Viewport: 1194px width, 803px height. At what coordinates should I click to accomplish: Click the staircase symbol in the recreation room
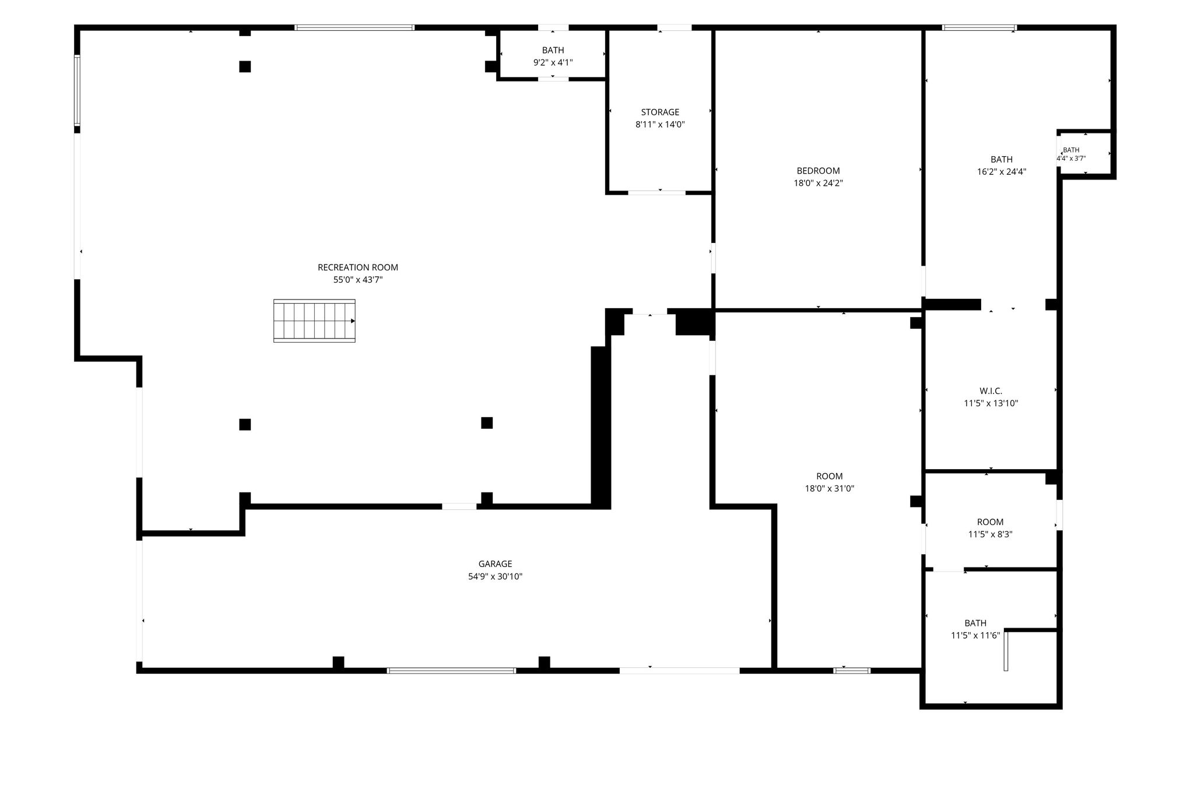[x=314, y=321]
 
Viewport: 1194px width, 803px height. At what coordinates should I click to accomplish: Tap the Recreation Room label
[x=358, y=267]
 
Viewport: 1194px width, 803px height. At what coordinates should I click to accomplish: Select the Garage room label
[x=496, y=564]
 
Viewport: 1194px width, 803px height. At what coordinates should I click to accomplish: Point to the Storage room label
[x=660, y=112]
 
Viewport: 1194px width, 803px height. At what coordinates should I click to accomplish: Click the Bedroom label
[x=819, y=171]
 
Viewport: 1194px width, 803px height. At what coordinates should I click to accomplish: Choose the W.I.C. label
[x=991, y=391]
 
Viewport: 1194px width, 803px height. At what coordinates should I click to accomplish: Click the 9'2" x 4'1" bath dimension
[x=553, y=63]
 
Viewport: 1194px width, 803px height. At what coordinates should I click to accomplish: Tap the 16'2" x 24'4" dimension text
[x=1002, y=172]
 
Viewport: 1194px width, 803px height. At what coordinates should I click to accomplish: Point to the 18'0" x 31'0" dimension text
[x=830, y=489]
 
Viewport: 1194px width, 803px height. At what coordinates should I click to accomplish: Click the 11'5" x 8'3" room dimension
[x=991, y=534]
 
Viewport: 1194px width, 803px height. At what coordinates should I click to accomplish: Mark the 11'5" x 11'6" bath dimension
[x=975, y=636]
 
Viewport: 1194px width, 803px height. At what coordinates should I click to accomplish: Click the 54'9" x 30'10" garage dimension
[x=496, y=577]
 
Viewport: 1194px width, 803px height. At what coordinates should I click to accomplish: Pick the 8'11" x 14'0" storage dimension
[x=660, y=124]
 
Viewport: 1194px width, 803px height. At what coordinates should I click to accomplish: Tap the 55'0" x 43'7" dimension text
[x=358, y=280]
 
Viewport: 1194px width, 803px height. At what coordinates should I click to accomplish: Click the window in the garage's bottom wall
[x=451, y=671]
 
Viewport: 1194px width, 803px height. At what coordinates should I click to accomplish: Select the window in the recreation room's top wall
[x=354, y=27]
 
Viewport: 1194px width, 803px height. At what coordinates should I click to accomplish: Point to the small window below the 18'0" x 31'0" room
[x=852, y=671]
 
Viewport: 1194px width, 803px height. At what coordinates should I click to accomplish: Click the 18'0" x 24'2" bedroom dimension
[x=819, y=183]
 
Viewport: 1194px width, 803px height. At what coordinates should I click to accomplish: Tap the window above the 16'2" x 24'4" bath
[x=979, y=27]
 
